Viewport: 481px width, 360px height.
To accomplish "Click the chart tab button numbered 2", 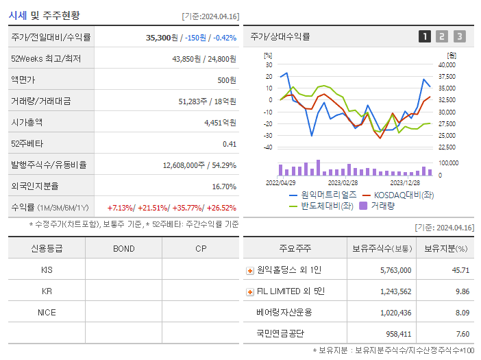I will pos(442,37).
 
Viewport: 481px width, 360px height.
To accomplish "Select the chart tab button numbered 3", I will pos(459,37).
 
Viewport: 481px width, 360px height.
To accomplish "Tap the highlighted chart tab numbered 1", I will pos(425,37).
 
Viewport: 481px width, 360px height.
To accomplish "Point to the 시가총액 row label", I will pos(27,123).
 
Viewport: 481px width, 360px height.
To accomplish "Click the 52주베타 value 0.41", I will pos(229,144).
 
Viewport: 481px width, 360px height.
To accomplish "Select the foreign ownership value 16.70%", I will pos(223,187).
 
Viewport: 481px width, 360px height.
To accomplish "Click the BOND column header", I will pos(124,248).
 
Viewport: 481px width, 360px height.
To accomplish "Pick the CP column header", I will pos(200,248).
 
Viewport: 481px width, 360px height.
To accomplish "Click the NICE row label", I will pos(47,313).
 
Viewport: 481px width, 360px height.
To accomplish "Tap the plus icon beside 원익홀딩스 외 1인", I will pos(250,270).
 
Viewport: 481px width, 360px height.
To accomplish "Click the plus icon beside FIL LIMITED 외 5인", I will pos(250,291).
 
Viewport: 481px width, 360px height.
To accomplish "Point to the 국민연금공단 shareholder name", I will pos(281,334).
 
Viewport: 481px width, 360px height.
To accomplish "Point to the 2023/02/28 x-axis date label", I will pos(343,183).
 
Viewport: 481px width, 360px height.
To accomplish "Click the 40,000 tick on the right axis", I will pos(446,65).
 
